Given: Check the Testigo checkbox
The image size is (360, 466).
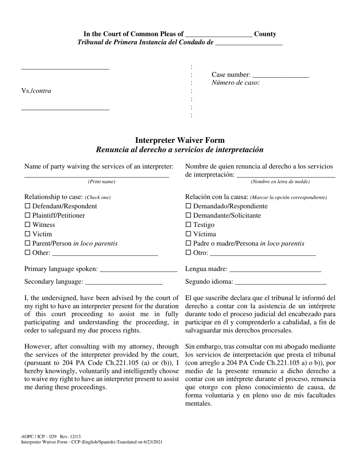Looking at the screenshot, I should (x=188, y=225).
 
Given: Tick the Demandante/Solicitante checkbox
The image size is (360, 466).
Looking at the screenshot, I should (x=188, y=216).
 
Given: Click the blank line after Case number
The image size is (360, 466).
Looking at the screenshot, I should (x=280, y=75).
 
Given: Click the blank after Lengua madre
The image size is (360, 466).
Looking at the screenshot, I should (x=275, y=269).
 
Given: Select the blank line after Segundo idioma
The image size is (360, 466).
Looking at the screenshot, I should (x=281, y=282).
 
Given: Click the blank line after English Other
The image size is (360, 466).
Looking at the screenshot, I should (x=105, y=253).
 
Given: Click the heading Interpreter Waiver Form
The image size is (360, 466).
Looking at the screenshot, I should (x=180, y=140).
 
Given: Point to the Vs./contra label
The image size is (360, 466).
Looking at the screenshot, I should (x=36, y=91).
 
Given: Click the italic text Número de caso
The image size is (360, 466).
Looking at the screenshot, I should (x=235, y=83).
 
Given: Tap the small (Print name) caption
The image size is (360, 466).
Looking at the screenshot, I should (x=102, y=182).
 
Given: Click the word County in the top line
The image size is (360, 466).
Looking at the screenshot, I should (x=265, y=34).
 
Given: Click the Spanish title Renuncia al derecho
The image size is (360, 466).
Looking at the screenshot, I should (x=180, y=150).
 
